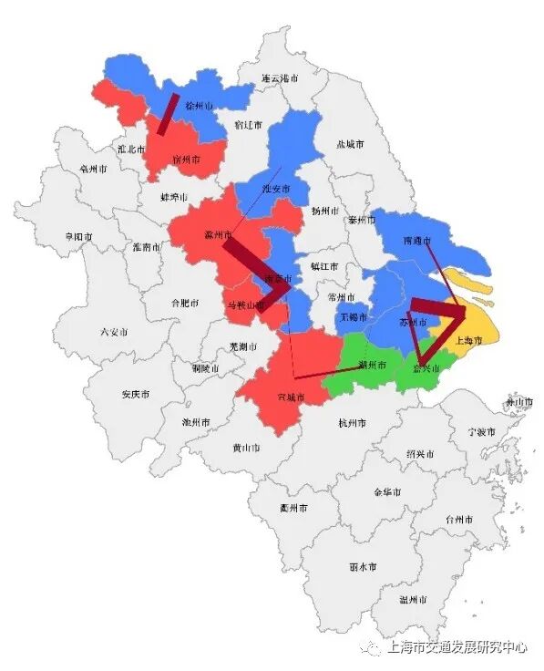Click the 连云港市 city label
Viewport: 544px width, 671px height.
point(280,79)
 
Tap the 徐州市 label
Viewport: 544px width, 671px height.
point(198,106)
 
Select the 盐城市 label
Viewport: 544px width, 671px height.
point(350,145)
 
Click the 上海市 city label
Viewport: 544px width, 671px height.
point(469,340)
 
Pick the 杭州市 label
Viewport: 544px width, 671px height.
point(351,423)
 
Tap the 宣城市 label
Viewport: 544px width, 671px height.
point(291,397)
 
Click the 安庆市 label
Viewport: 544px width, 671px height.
point(136,395)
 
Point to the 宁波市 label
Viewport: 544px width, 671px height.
point(481,431)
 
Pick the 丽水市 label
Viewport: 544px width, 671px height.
point(363,566)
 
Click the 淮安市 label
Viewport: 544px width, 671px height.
point(275,189)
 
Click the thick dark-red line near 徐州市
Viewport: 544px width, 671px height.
point(168,113)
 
